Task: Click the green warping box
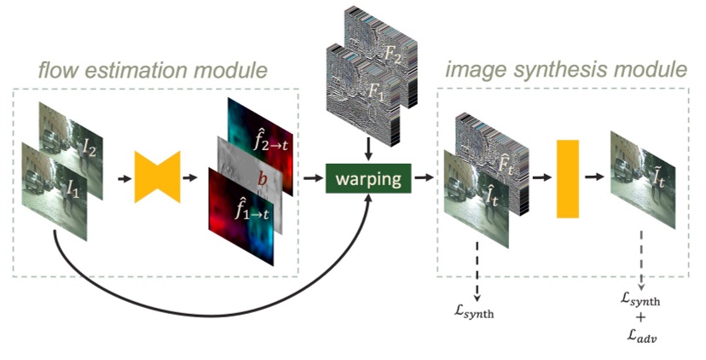pos(368,180)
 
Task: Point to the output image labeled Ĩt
pos(644,183)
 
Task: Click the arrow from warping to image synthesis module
pos(422,181)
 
